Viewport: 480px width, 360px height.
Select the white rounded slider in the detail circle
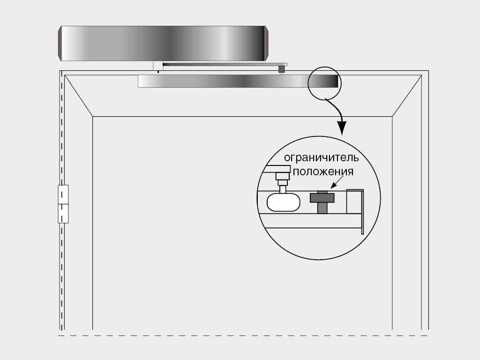tap(283, 202)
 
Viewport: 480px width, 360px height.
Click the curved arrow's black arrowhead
tap(342, 128)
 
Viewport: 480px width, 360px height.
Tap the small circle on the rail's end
tap(324, 82)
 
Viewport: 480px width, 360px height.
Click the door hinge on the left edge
tap(63, 203)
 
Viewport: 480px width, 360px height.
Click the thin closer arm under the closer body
tap(220, 64)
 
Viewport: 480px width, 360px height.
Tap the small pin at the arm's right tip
tap(282, 69)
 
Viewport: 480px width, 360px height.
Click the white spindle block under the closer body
tap(157, 66)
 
